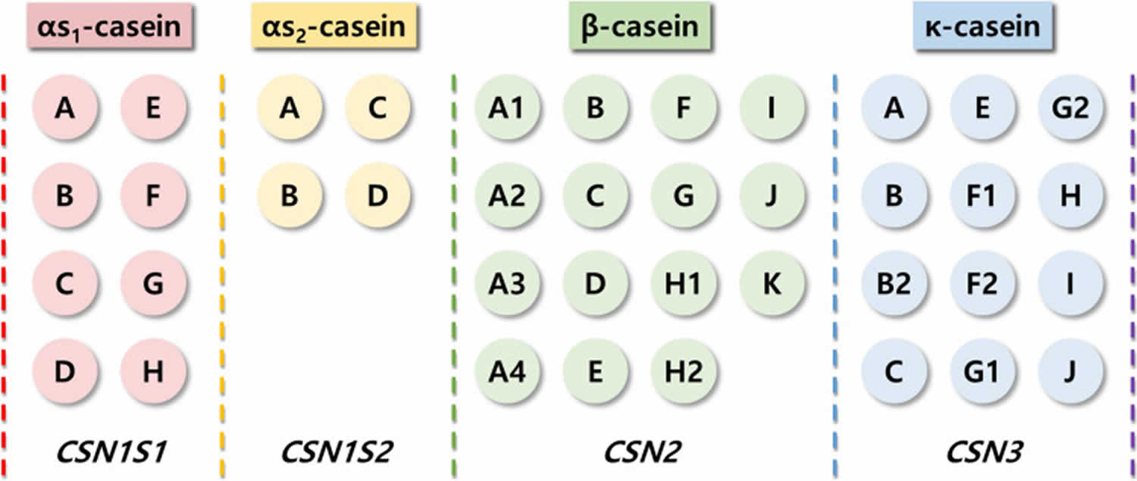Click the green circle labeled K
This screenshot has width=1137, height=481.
770,283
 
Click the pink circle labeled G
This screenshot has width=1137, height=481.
152,284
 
